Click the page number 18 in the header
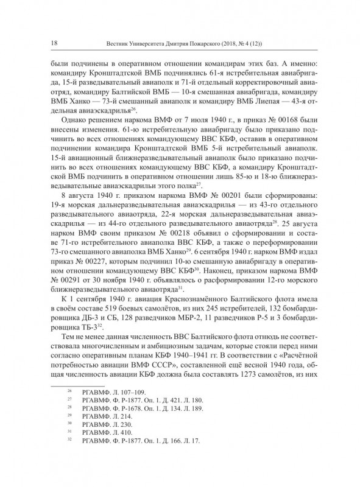tap(55, 43)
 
